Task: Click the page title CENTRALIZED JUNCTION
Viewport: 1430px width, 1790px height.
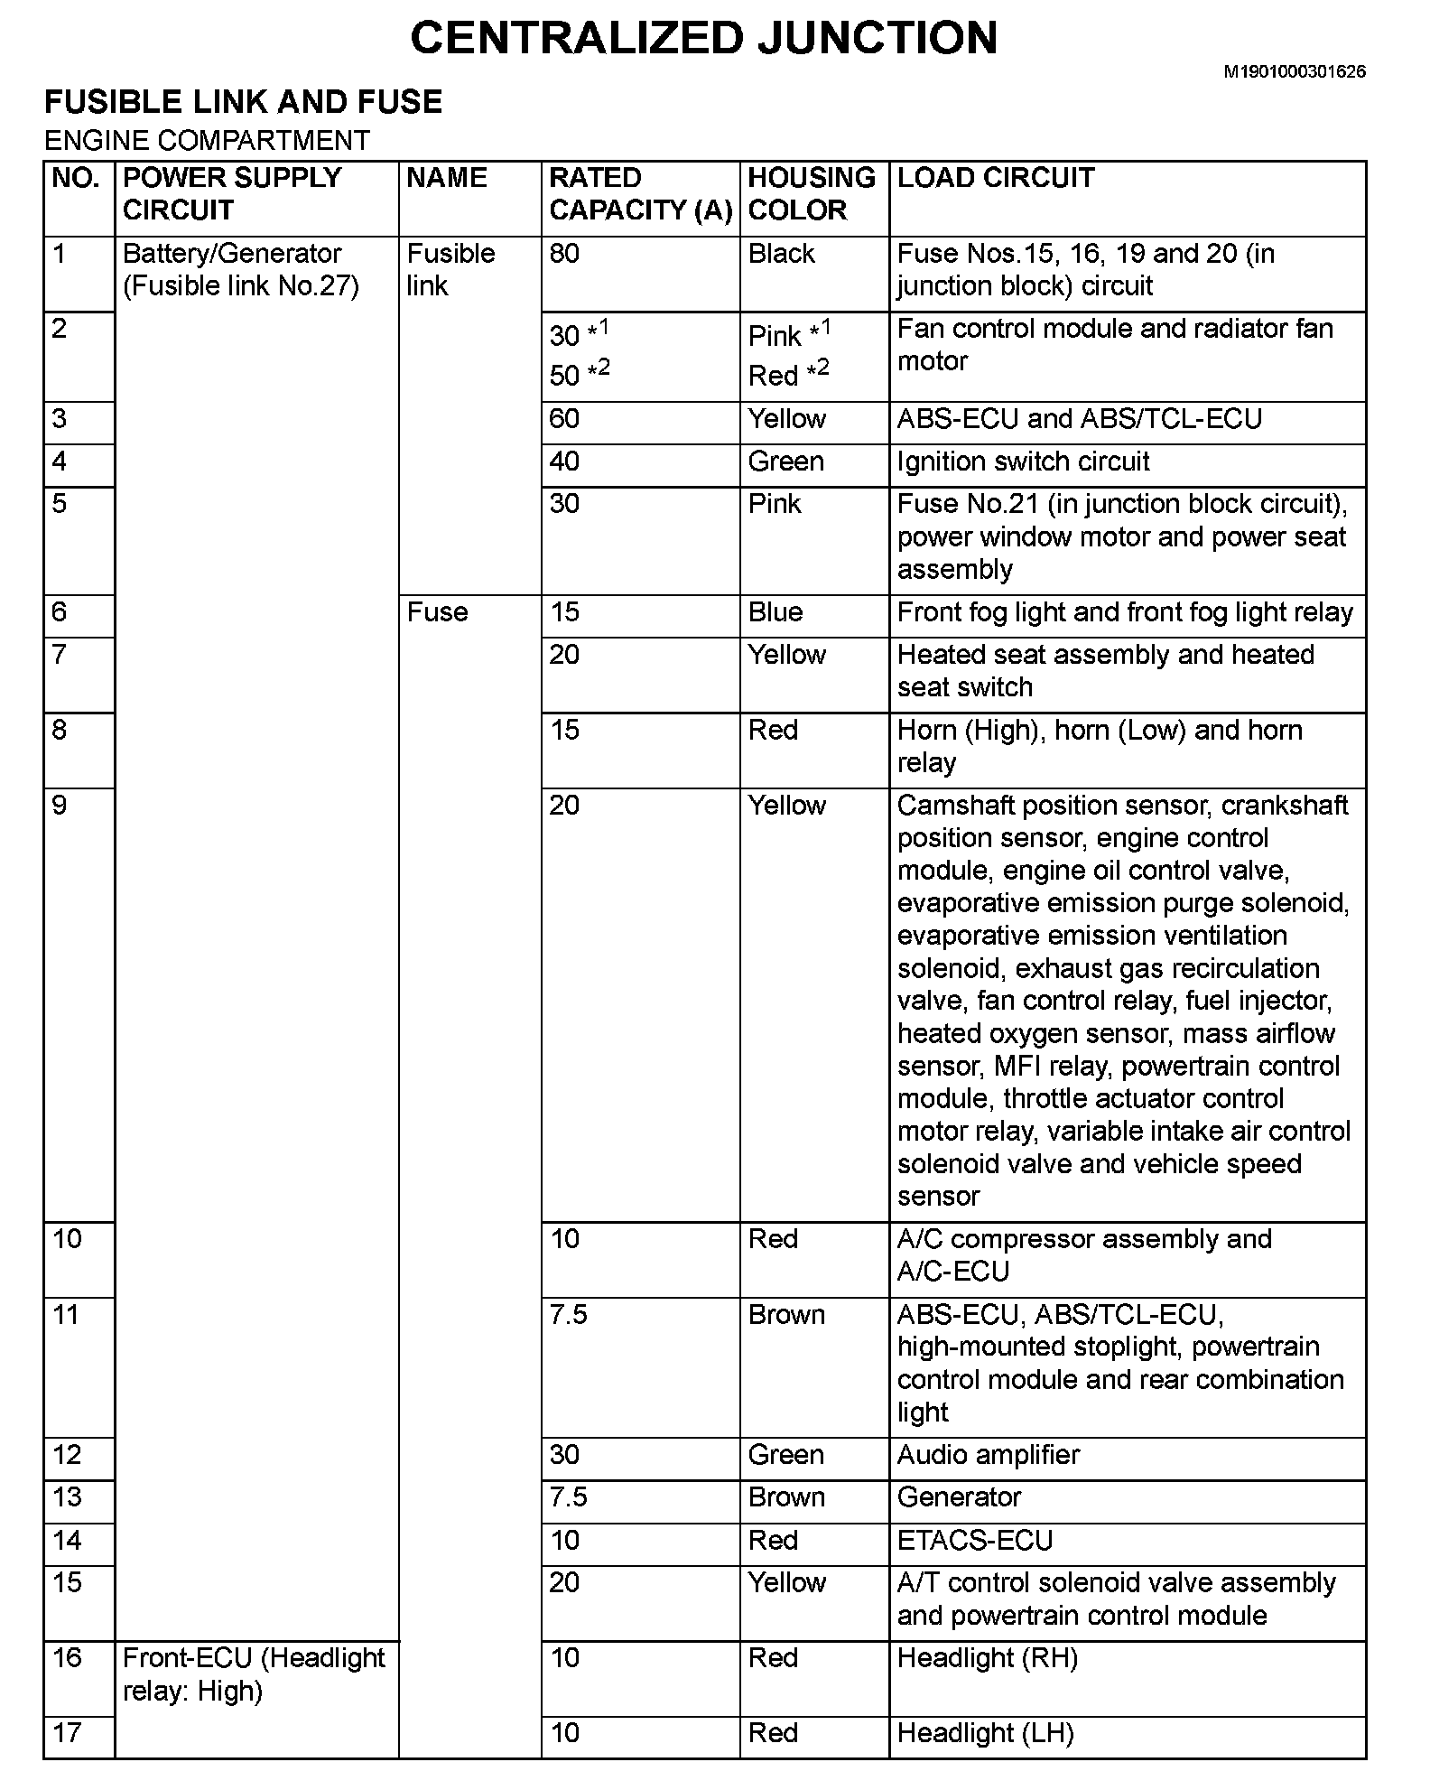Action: click(704, 38)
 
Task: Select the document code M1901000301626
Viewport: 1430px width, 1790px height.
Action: click(1294, 71)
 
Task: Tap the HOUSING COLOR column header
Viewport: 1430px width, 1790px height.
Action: click(812, 194)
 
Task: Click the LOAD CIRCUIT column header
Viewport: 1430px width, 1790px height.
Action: click(995, 178)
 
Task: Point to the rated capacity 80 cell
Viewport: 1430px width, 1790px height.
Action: click(564, 254)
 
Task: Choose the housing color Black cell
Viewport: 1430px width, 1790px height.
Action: click(781, 254)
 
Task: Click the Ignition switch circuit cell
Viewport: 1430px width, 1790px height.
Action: click(1023, 461)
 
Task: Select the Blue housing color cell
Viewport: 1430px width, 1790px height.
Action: click(775, 612)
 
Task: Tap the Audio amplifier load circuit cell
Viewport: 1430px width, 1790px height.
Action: click(988, 1455)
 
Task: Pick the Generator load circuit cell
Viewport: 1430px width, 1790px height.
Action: click(958, 1497)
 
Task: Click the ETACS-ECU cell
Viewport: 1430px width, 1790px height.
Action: click(974, 1540)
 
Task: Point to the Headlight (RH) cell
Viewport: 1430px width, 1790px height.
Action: click(987, 1658)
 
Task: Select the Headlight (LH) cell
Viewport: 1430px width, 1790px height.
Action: click(985, 1733)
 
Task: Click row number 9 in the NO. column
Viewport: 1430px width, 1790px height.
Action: click(60, 806)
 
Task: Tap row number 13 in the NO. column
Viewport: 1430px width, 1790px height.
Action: click(67, 1497)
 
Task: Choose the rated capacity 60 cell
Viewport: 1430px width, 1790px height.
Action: click(564, 419)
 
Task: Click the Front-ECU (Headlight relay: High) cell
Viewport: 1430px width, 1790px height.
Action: click(254, 1674)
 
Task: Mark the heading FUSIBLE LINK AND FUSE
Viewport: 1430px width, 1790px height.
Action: click(243, 102)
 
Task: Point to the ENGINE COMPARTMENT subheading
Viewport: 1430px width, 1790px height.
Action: click(207, 141)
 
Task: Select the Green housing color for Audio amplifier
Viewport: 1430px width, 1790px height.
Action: click(785, 1455)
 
